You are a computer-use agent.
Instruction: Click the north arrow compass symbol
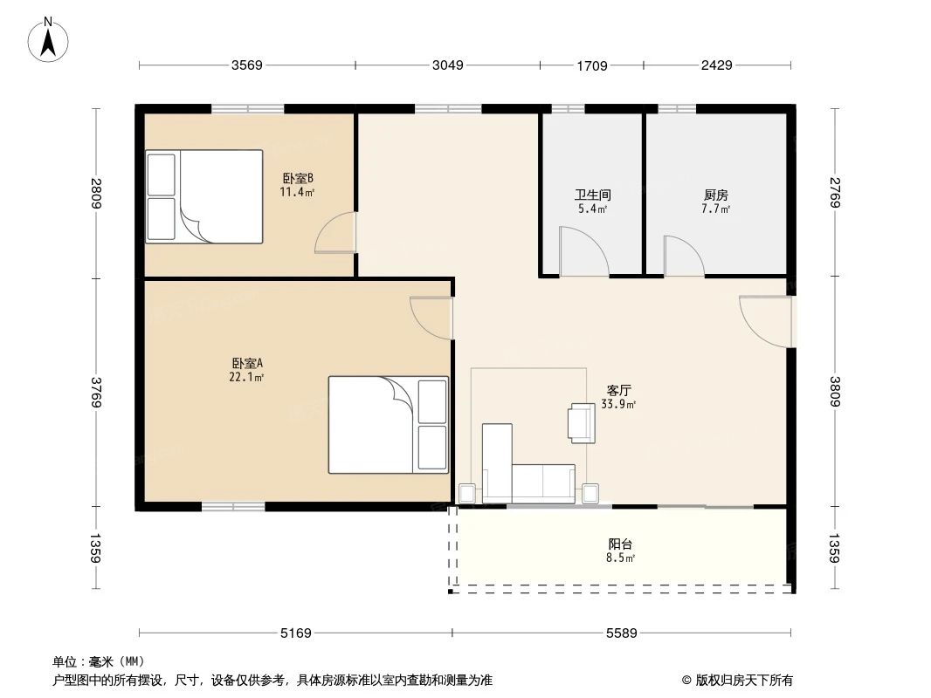(49, 39)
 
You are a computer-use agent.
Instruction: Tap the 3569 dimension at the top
(246, 65)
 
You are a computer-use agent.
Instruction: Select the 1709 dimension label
(591, 65)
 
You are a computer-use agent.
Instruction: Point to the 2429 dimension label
(716, 65)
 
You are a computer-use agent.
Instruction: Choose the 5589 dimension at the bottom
(622, 633)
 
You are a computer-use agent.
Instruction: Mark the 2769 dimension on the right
(833, 193)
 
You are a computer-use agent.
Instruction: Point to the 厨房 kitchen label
(715, 195)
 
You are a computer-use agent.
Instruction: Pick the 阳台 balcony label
(620, 544)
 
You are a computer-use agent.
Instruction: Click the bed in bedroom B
(205, 196)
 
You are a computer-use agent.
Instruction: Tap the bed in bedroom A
(388, 424)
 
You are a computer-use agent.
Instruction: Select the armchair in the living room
(581, 421)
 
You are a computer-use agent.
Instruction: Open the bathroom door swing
(581, 253)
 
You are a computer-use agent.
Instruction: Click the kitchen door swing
(683, 256)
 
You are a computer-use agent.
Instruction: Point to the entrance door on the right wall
(767, 320)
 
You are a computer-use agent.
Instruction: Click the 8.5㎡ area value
(621, 558)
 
